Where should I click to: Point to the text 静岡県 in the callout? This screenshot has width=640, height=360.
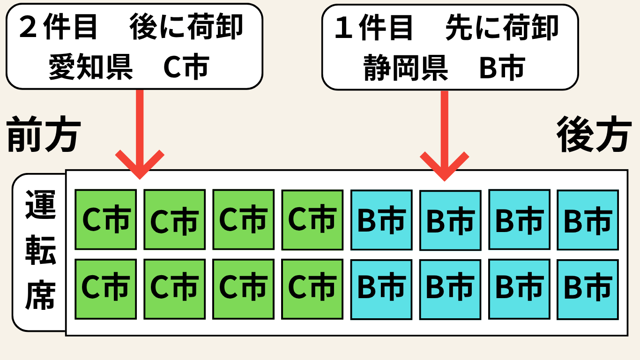406,68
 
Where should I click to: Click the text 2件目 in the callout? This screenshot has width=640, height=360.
59,27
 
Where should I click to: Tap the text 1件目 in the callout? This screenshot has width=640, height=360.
374,27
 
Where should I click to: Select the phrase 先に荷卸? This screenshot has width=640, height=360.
502,27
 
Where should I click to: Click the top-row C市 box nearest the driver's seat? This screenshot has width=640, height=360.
106,219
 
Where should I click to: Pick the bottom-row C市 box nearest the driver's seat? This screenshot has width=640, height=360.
106,288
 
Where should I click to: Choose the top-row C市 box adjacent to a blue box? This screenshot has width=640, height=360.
312,219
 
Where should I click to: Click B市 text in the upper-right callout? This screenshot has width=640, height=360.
501,68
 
